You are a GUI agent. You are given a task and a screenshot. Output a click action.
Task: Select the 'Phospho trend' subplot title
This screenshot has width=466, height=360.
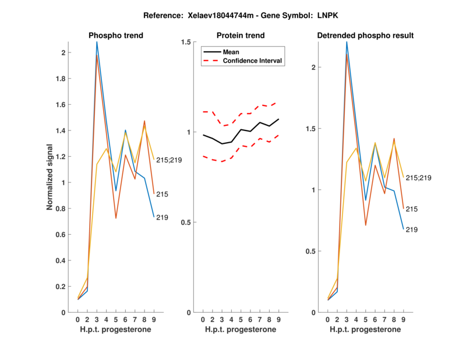pos(116,36)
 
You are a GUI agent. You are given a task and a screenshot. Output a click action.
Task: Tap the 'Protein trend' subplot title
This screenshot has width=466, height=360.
pos(240,36)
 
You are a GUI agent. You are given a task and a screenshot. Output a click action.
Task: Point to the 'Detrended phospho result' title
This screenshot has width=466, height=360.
pos(365,36)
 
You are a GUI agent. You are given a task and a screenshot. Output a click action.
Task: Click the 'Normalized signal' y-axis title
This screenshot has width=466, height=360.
pos(51,177)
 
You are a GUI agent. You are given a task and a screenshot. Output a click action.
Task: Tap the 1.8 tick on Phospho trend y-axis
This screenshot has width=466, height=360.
pos(61,79)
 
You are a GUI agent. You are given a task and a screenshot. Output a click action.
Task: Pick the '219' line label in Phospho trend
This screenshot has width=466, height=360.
pos(163,218)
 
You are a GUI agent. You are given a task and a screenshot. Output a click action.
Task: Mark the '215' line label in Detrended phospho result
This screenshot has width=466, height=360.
pos(411,209)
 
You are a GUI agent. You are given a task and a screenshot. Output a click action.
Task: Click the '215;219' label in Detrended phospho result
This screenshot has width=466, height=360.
pos(418,178)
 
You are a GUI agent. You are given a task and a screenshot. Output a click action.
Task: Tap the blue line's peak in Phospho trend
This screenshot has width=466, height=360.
pos(97,42)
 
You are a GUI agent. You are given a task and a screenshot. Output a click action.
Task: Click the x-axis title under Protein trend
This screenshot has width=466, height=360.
pos(240,330)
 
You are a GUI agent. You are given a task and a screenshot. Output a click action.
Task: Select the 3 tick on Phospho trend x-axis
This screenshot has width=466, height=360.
pos(97,320)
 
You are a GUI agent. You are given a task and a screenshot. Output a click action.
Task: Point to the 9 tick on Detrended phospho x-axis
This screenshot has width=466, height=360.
pos(403,320)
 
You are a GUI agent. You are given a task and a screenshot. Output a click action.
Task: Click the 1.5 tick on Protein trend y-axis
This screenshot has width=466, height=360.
pos(185,42)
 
